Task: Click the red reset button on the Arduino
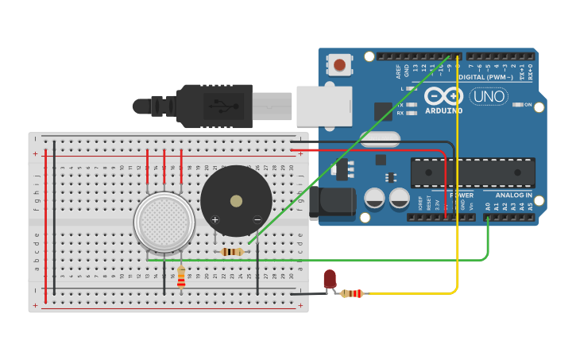tap(340, 64)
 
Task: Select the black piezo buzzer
tap(235, 200)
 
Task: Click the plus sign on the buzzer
tap(215, 219)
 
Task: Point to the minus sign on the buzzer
tap(257, 219)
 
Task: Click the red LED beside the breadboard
tap(330, 279)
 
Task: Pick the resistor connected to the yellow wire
tap(351, 293)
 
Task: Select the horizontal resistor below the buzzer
tap(231, 252)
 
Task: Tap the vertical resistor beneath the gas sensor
tap(181, 277)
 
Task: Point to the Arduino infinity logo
tap(443, 96)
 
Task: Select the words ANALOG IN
tap(514, 195)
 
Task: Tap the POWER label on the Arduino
tap(462, 195)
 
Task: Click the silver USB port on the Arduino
tap(323, 106)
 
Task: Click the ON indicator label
tap(526, 105)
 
